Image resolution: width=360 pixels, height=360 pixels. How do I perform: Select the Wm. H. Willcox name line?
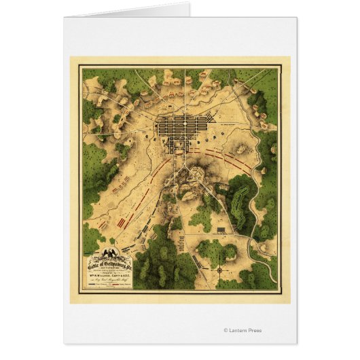pyautogui.click(x=109, y=275)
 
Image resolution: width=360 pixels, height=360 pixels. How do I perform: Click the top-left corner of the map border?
pyautogui.click(x=79, y=66)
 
